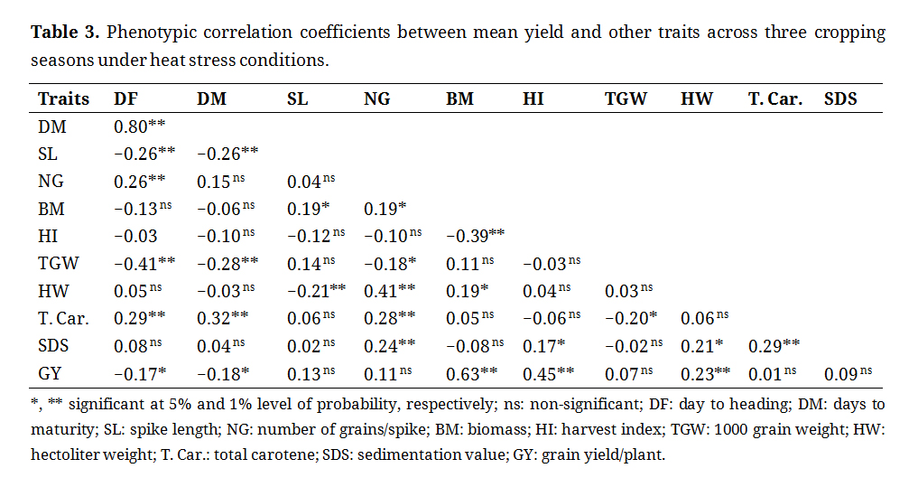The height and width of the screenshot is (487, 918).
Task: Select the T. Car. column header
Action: pos(774,99)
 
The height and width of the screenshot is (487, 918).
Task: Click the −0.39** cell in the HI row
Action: pos(475,237)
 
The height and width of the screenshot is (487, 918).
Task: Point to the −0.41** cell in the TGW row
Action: pos(143,264)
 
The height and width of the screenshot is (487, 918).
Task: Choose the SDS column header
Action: pos(840,99)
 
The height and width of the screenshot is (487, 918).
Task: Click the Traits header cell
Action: pos(64,99)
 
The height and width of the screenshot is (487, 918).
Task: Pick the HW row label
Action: pos(51,291)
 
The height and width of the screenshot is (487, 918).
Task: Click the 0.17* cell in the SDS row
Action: pos(544,345)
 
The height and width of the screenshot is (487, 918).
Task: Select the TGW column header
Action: pos(626,99)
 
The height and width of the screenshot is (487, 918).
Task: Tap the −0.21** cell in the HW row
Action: pos(312,291)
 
